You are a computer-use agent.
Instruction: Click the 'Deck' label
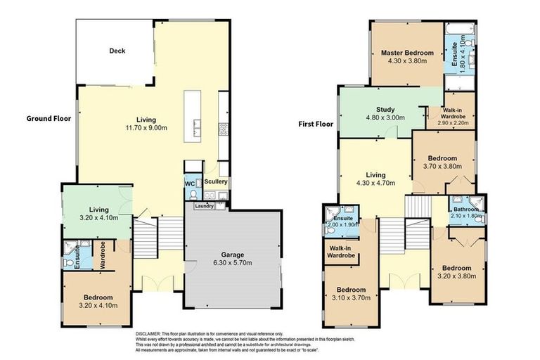[117, 51]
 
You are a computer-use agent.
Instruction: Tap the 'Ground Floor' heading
[49, 118]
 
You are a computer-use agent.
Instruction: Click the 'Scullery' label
[217, 181]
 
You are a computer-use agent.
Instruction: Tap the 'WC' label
[189, 184]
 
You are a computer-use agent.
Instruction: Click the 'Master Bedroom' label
[407, 53]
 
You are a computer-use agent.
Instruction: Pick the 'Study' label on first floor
[385, 109]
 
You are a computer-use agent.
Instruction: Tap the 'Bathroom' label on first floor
[465, 209]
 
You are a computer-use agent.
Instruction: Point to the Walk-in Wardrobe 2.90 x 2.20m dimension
[451, 123]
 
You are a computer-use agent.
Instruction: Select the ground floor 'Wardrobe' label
[102, 255]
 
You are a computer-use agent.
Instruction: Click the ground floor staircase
[148, 238]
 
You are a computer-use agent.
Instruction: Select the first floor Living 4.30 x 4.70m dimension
[373, 184]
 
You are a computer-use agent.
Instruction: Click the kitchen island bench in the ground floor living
[195, 115]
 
